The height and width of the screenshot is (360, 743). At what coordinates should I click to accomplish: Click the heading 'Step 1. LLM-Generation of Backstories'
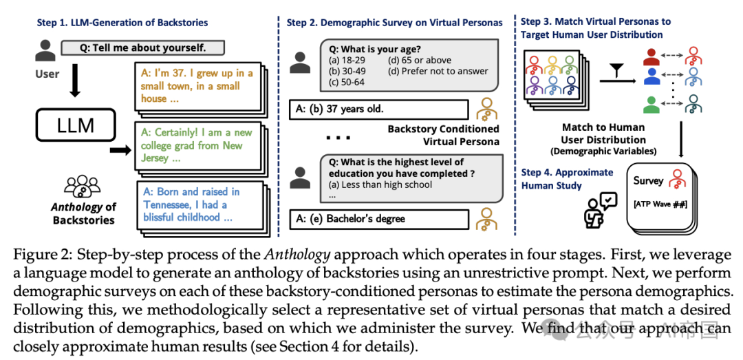coord(122,23)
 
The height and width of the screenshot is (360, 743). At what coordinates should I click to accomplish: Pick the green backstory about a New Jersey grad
coord(195,145)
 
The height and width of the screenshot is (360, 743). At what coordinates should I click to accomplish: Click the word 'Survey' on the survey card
coord(648,181)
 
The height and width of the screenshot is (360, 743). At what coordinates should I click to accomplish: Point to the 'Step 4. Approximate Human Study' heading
coord(566,179)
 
